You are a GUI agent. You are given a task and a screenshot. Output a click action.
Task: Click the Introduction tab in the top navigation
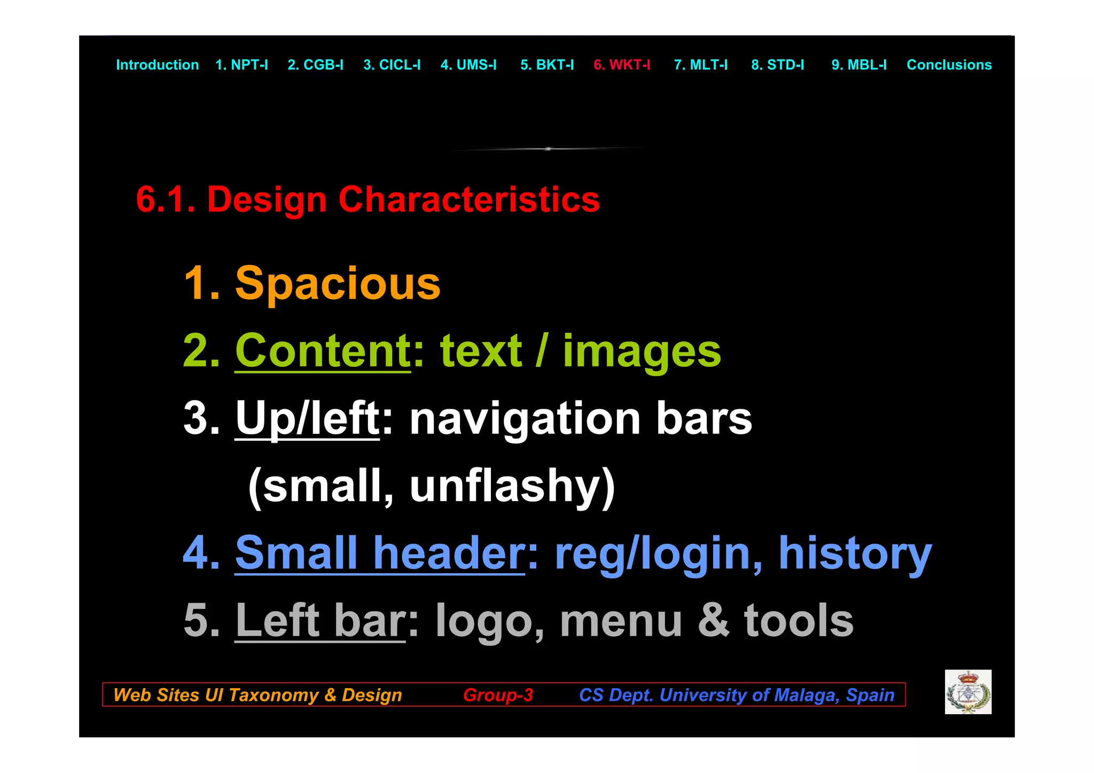pyautogui.click(x=157, y=65)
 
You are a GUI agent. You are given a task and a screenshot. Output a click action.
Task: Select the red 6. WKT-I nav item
pyautogui.click(x=622, y=65)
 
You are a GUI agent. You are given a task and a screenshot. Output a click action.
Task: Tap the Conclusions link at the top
pyautogui.click(x=949, y=65)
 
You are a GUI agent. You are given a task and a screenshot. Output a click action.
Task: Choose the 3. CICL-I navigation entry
pyautogui.click(x=392, y=65)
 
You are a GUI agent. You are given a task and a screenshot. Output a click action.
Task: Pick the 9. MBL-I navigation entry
pyautogui.click(x=858, y=65)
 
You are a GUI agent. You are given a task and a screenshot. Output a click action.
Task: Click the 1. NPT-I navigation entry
pyautogui.click(x=241, y=65)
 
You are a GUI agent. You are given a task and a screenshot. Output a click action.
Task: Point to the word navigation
pyautogui.click(x=525, y=419)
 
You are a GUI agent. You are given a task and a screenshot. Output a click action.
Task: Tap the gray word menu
pyautogui.click(x=621, y=620)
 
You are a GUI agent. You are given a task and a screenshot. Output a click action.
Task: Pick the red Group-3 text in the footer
pyautogui.click(x=498, y=694)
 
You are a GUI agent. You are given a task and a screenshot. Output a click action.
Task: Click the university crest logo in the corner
pyautogui.click(x=968, y=692)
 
